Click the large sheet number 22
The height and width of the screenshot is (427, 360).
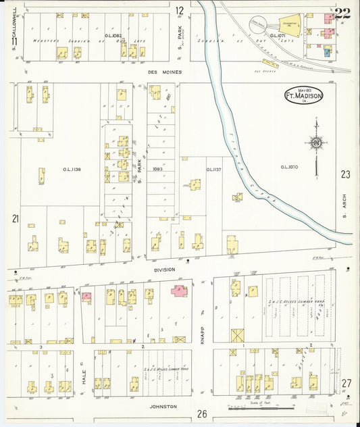click(342, 13)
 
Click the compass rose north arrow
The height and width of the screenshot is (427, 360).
click(315, 143)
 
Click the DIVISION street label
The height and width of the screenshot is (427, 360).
click(163, 269)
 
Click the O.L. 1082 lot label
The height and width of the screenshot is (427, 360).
click(111, 34)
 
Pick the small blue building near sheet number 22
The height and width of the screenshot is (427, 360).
click(327, 51)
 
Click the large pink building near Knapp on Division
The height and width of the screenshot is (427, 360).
click(180, 291)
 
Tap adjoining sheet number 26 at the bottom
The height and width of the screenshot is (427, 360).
click(201, 413)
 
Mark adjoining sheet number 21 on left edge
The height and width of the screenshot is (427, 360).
click(15, 218)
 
